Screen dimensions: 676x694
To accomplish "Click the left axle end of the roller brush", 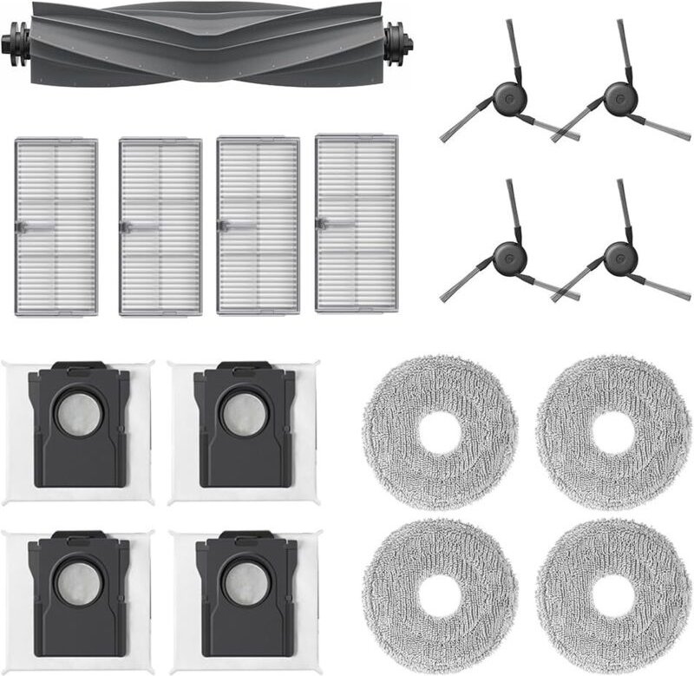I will point(14,41).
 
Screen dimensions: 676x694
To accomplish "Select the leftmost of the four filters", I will point(56,226).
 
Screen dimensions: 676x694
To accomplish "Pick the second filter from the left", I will point(160,226).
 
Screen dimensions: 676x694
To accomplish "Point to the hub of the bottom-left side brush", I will point(509,256).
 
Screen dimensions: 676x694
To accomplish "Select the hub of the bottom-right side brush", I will point(619,256).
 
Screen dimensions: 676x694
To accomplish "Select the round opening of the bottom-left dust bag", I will point(76,584).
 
